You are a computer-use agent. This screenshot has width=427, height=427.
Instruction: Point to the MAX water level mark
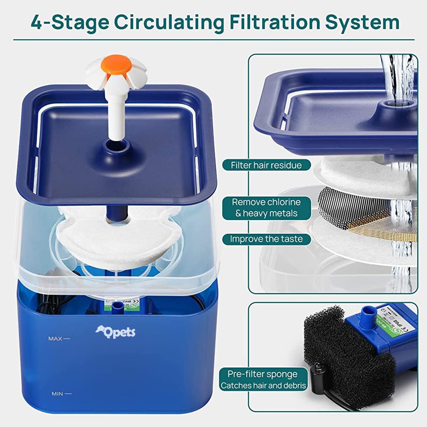(59, 338)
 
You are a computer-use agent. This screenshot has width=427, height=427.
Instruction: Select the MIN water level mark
(61, 394)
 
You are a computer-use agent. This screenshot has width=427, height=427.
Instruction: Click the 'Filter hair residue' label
(266, 165)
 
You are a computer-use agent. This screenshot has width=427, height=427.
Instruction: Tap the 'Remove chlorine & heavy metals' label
(266, 208)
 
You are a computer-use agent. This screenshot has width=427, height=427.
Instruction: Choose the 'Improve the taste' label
(266, 239)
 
